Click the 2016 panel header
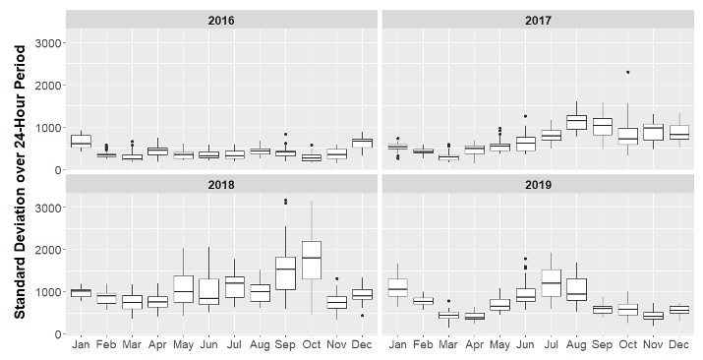[222, 20]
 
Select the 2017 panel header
[539, 20]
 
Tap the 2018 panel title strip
[222, 184]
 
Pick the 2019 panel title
[539, 184]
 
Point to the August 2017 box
[576, 122]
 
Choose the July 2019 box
[551, 282]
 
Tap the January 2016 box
[81, 141]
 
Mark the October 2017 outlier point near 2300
[627, 72]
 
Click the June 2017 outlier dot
[525, 116]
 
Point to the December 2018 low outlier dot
[363, 316]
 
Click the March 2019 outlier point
[448, 301]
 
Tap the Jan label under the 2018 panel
[81, 345]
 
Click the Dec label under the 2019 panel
[679, 345]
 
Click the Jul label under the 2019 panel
[551, 345]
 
